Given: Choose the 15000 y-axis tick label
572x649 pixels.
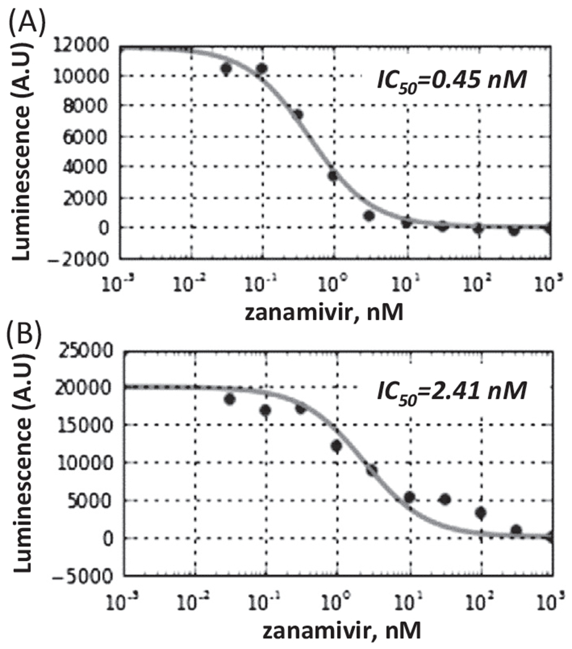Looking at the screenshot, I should click(90, 426).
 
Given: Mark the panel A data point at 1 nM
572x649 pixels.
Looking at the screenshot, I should click(334, 176).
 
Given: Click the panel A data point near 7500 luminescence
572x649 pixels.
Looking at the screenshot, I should click(298, 114).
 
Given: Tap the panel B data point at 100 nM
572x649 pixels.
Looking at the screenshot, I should click(480, 512).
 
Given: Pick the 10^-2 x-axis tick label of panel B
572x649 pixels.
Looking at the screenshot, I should click(194, 600).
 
